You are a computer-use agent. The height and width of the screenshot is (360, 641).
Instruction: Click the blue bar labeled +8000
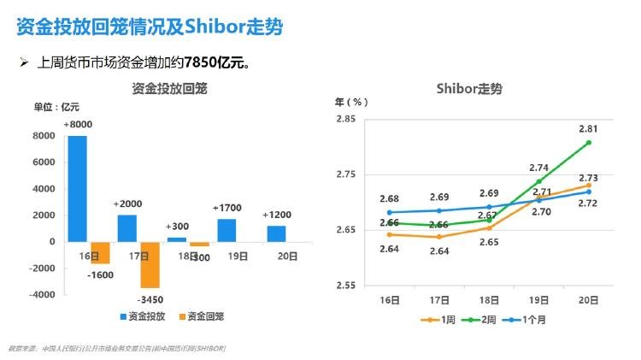click(77, 188)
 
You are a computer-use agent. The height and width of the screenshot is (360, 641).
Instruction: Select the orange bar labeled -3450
click(150, 264)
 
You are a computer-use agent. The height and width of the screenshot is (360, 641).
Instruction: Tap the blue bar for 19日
click(226, 230)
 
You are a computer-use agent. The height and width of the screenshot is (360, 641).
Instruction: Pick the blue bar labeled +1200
click(276, 233)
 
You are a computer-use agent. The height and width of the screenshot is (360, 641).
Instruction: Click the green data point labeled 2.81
click(589, 142)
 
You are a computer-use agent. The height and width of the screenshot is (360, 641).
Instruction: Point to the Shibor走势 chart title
click(469, 88)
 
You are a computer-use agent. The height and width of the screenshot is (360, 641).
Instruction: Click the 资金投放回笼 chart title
click(170, 88)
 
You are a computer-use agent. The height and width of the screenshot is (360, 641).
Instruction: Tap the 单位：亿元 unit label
click(56, 107)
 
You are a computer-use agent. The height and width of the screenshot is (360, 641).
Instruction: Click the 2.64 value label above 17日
click(440, 251)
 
